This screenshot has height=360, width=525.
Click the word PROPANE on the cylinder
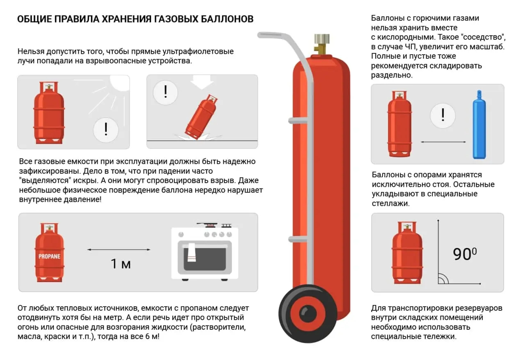[49, 256]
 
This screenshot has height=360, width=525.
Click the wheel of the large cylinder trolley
[308, 314]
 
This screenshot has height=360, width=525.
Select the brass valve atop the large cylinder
[322, 44]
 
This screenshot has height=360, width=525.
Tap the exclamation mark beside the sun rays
[106, 129]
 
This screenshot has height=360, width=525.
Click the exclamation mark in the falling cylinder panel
[165, 92]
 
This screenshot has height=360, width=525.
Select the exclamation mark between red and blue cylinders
[443, 115]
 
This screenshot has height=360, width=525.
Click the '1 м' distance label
[121, 264]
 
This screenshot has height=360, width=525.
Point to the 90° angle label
[465, 254]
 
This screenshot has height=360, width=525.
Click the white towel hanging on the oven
[192, 252]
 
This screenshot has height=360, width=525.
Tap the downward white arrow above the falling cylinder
[202, 83]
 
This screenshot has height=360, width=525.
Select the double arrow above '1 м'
[119, 250]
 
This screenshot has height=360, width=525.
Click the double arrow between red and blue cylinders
[443, 142]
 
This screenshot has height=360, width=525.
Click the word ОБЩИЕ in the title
[35, 19]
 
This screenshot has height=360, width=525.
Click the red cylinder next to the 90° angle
[407, 252]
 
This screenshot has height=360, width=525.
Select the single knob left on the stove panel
[181, 234]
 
